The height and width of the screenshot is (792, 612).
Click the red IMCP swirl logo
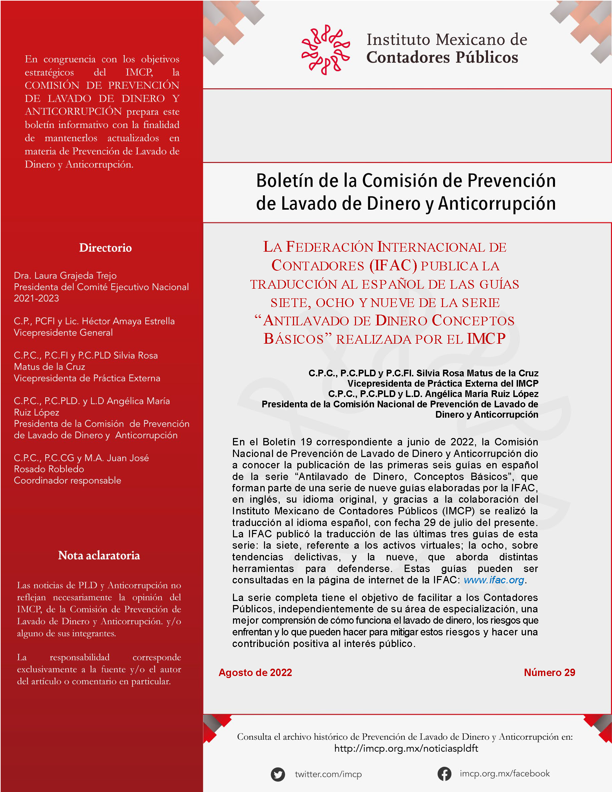point(325,50)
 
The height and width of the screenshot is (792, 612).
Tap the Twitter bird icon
point(278,774)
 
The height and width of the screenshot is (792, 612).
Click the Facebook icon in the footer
point(444,774)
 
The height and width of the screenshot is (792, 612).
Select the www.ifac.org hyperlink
point(494,580)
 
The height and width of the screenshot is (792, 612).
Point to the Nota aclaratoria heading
point(99,556)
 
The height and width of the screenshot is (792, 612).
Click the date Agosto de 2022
point(255,672)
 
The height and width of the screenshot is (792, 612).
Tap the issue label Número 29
point(549,672)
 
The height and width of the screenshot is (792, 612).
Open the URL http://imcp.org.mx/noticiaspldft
point(406,748)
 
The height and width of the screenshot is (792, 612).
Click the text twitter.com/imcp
point(328,774)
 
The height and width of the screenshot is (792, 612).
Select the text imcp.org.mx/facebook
point(505,774)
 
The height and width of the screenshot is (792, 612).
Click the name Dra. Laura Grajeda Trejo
point(65,276)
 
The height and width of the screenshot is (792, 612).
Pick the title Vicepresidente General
point(63,333)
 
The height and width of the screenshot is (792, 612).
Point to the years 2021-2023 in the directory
point(36,298)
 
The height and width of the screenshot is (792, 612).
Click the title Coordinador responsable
point(67,480)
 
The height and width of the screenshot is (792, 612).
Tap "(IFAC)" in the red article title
point(393,266)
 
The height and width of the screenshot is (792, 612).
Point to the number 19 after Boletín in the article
point(306,442)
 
